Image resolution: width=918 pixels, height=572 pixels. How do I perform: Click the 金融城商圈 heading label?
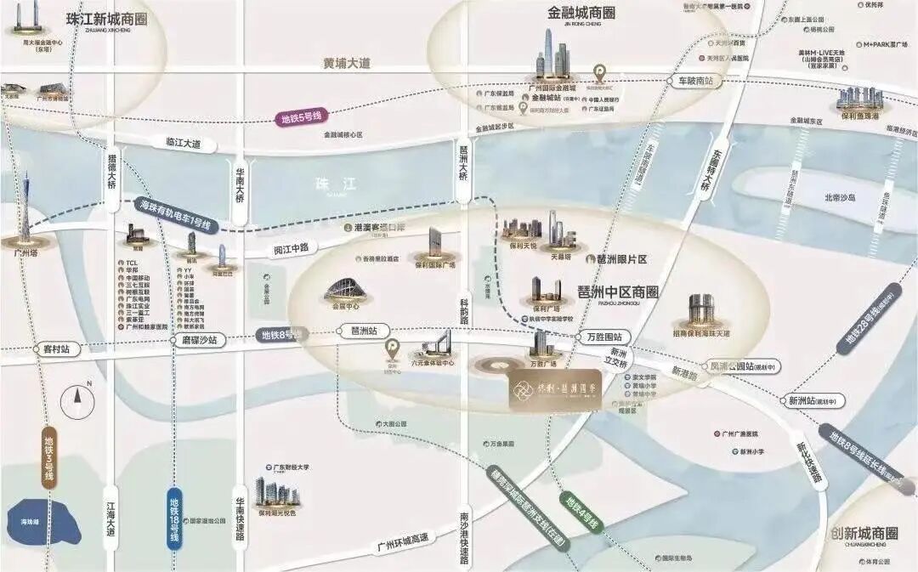582,13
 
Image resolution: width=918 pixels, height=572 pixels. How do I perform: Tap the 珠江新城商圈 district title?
106,18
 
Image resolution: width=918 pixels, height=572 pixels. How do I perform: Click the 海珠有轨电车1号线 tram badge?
178,215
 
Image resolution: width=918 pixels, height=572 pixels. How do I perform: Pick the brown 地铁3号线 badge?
49,458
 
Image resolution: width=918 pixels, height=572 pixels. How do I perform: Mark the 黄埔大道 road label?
347,63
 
